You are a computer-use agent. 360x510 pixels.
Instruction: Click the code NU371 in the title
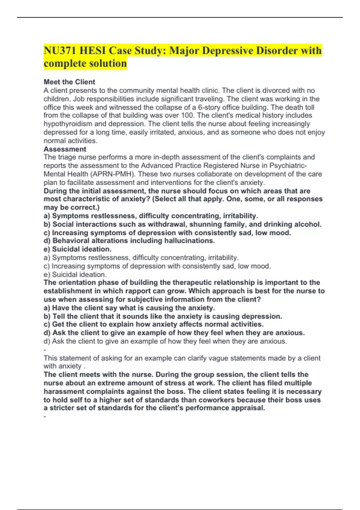60,51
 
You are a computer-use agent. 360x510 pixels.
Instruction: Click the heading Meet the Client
69,82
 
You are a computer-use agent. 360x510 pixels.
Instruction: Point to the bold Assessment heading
65,149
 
